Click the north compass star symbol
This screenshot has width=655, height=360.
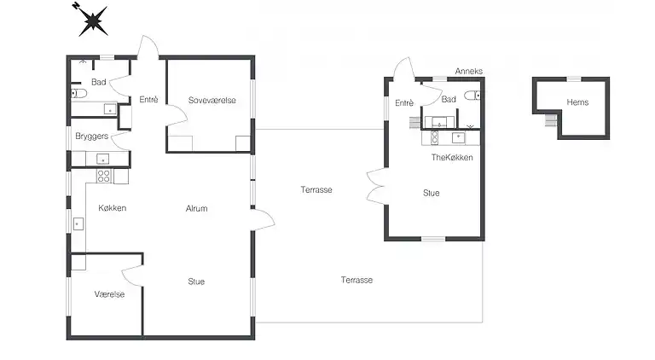point(92,20)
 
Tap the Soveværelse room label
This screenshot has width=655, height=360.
point(212,100)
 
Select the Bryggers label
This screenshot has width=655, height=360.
point(91,136)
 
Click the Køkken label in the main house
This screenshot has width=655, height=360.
point(112,208)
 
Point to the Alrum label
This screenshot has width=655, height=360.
point(196,208)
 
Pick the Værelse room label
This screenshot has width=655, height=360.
point(109,294)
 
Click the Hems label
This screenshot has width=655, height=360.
point(577,102)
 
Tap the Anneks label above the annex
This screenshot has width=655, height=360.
point(469,71)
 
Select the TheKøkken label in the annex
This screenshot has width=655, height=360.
point(452,158)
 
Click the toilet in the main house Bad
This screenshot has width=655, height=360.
point(78,93)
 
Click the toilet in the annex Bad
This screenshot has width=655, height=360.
point(472,96)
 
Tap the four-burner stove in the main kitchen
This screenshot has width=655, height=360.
point(104,176)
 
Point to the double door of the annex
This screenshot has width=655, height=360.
point(377,186)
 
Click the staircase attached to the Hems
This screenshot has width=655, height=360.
point(551,120)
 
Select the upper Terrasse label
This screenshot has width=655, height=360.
point(316,189)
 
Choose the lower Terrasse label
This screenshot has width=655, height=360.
point(356,280)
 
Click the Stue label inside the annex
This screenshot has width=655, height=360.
point(431,193)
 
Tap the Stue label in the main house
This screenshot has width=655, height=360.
point(196,282)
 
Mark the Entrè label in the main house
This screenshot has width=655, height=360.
point(148,100)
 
